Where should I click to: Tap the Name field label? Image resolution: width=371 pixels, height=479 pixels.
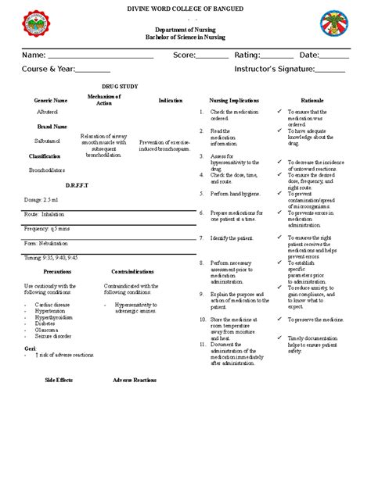(33, 55)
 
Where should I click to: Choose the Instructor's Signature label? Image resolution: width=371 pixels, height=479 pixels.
(274, 69)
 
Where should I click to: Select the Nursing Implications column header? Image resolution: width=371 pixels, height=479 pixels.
(233, 101)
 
